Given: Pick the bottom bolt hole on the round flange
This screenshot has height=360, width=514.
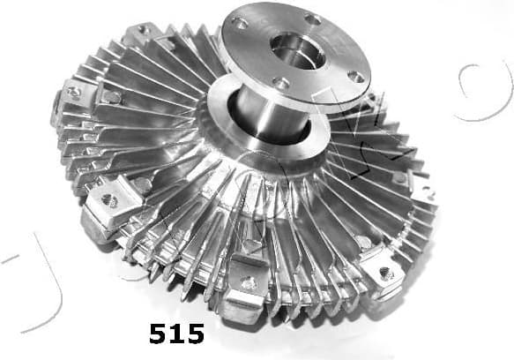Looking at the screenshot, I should (283, 84).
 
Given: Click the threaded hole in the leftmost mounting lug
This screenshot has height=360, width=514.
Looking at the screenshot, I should (74, 92).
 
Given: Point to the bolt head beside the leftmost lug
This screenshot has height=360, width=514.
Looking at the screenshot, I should (108, 99).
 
